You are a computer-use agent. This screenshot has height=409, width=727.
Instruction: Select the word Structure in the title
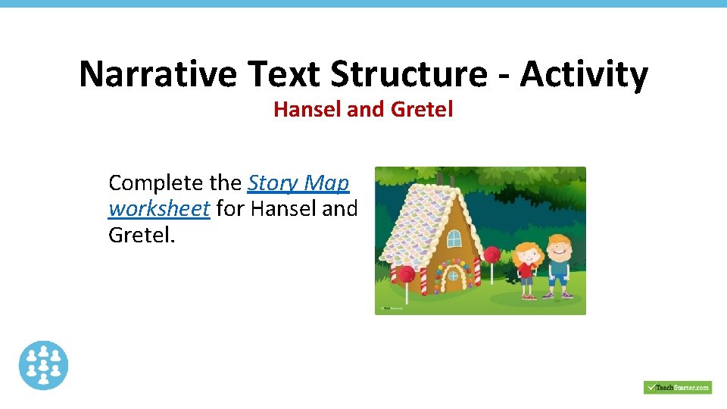pyautogui.click(x=409, y=75)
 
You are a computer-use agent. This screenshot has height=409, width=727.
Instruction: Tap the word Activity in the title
pyautogui.click(x=584, y=75)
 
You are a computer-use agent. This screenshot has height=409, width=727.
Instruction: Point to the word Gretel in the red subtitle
pyautogui.click(x=422, y=110)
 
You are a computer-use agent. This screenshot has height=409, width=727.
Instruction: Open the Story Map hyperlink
pyautogui.click(x=298, y=183)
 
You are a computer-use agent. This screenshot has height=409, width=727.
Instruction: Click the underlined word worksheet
pyautogui.click(x=159, y=208)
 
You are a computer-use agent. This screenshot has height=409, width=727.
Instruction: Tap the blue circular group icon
pyautogui.click(x=43, y=365)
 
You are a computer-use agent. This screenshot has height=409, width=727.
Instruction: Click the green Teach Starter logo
pyautogui.click(x=677, y=387)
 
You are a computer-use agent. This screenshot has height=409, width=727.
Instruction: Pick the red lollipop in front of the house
pyautogui.click(x=407, y=274)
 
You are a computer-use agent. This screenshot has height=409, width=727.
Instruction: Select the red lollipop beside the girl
pyautogui.click(x=491, y=254)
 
